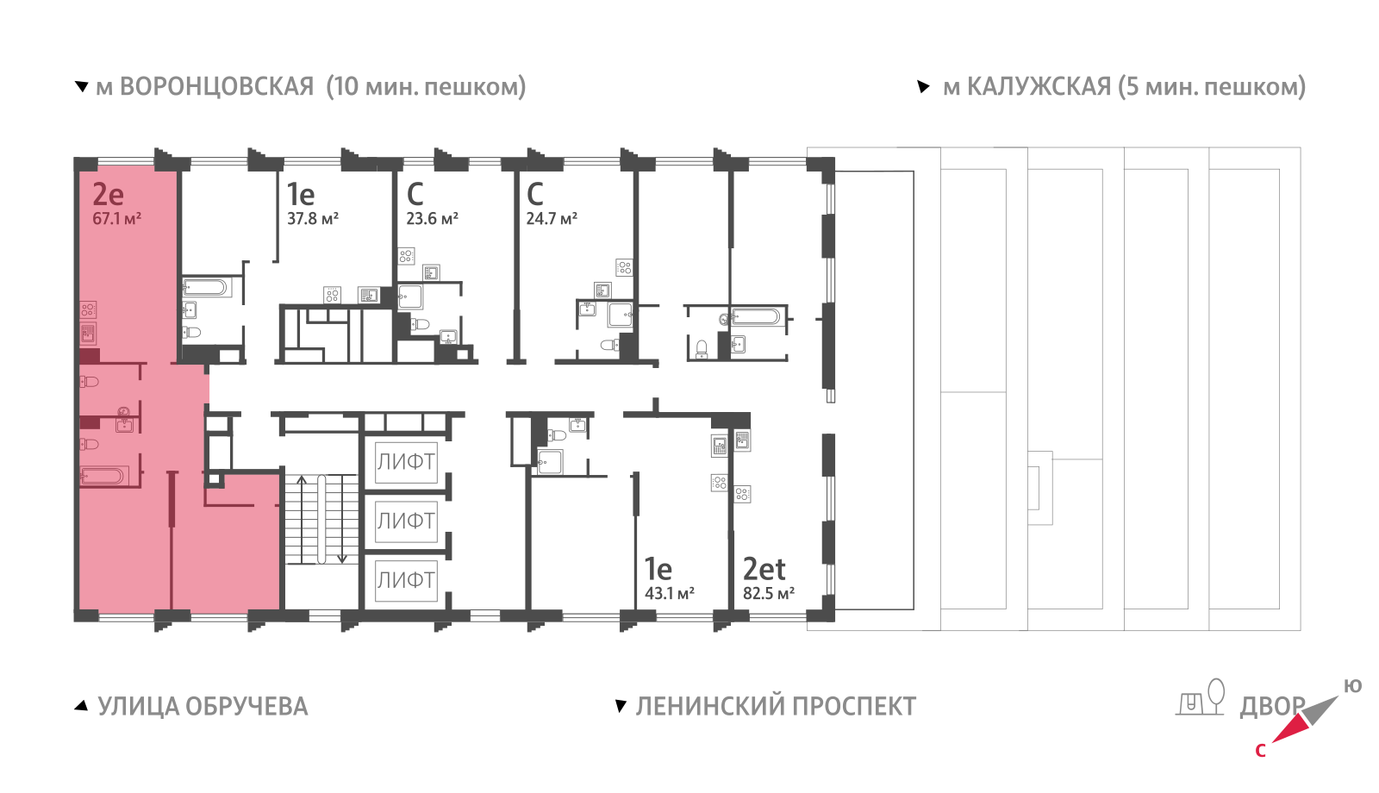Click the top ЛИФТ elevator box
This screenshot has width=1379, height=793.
click(406, 461)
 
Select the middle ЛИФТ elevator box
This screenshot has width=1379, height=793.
click(406, 521)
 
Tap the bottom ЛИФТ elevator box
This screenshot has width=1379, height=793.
click(406, 580)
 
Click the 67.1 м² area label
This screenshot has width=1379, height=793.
click(116, 219)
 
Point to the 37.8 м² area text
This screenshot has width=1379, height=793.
click(313, 219)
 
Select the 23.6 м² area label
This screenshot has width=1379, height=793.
click(432, 219)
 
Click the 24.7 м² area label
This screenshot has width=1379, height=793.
click(552, 219)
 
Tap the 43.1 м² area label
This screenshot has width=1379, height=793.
click(670, 594)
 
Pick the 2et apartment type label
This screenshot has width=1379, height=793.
click(764, 570)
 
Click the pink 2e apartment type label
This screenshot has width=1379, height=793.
click(109, 195)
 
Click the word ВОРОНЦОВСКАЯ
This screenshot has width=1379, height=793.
click(216, 87)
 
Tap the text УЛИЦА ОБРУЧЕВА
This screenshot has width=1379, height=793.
click(203, 707)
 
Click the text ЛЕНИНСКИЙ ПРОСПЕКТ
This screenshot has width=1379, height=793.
click(776, 707)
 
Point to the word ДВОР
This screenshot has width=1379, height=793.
click(1270, 707)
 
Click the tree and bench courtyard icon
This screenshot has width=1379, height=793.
click(1201, 697)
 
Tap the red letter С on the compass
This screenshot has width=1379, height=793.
click(1260, 751)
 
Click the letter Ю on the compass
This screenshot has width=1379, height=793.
click(1352, 686)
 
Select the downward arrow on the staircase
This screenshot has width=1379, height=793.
click(342, 557)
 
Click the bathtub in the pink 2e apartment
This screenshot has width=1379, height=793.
click(104, 476)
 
